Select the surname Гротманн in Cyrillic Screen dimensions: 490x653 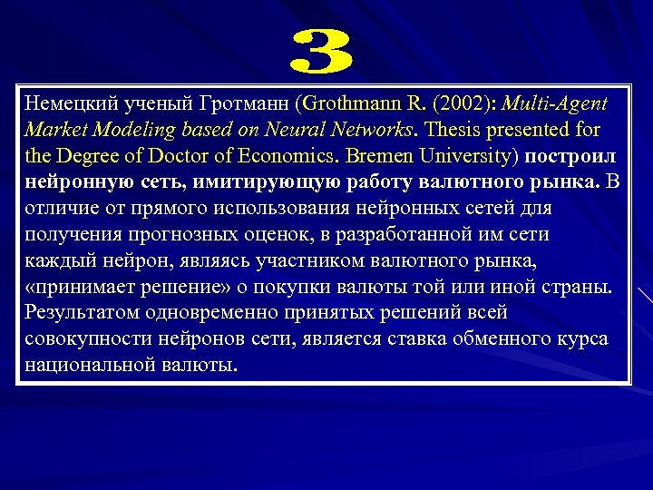(248, 103)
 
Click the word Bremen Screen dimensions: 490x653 (375, 156)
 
